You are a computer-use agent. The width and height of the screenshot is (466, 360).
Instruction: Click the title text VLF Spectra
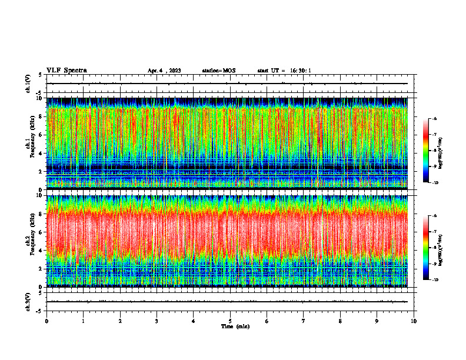pos(66,70)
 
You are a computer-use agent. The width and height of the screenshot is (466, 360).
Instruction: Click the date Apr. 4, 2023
pos(164,71)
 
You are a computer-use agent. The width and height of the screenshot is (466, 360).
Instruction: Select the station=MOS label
pos(218,71)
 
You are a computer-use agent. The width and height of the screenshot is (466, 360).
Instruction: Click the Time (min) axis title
pos(235,326)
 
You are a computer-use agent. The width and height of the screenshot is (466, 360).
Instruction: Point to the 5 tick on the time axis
pos(230,321)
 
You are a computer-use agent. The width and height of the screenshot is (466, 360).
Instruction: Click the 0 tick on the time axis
pos(46,321)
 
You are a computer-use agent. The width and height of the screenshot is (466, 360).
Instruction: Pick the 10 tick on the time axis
pos(414,321)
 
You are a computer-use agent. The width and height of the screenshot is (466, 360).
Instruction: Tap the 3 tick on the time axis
pos(157,321)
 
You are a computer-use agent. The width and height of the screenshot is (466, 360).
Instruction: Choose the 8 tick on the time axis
pos(340,321)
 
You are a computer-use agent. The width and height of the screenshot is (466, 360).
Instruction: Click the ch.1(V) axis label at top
pos(28,84)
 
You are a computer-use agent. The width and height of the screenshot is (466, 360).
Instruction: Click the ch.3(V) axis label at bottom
pos(28,301)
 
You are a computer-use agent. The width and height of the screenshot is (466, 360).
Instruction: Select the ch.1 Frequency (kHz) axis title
pos(28,144)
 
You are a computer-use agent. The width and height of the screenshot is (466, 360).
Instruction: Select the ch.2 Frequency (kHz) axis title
pos(28,241)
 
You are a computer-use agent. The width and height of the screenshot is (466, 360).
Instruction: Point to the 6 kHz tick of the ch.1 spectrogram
pos(40,135)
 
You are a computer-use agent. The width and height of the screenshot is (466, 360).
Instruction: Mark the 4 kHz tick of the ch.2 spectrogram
pos(40,250)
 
